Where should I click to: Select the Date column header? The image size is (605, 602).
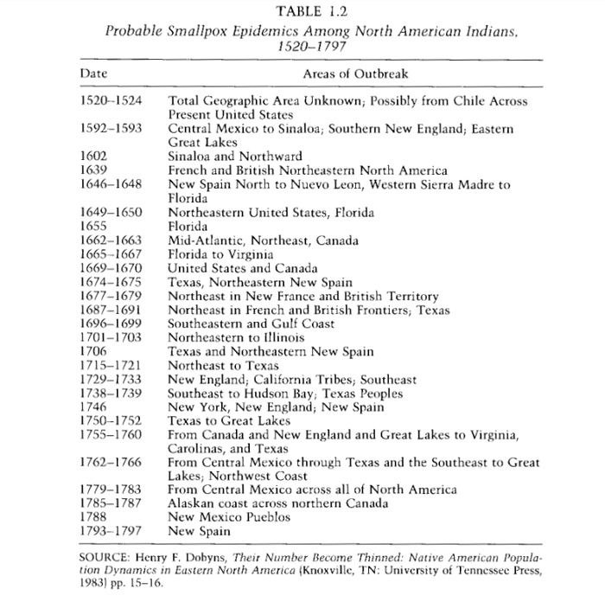(92, 74)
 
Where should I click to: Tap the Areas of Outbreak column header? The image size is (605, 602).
(355, 74)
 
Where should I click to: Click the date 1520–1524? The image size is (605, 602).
(110, 102)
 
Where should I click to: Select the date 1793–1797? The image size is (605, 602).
(110, 531)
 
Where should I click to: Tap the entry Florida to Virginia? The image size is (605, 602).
(223, 255)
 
